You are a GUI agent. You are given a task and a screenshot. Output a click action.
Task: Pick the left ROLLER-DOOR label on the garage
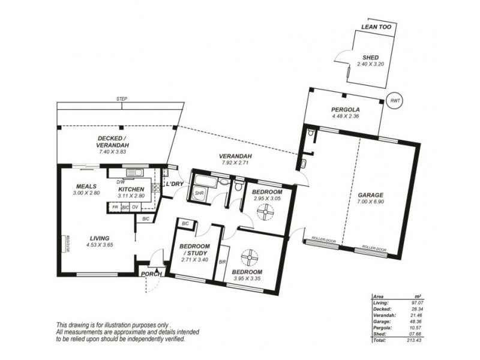point(324,242)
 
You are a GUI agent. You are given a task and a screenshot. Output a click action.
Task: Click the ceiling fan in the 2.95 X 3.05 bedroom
point(264,212)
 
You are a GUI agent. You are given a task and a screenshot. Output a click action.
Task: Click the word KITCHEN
point(130,190)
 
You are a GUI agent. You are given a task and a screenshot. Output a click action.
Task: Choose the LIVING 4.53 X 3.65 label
point(96,241)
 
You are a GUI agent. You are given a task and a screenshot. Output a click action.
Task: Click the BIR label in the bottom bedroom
point(222,261)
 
